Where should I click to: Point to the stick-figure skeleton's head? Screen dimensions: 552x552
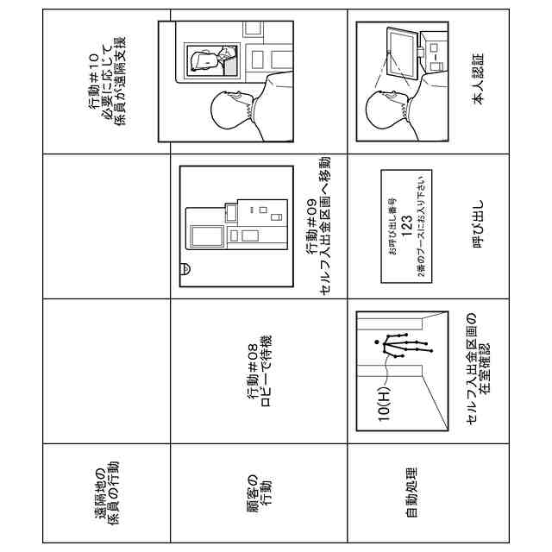pyautogui.click(x=377, y=344)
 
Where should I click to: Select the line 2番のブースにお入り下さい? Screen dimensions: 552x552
pyautogui.click(x=420, y=227)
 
